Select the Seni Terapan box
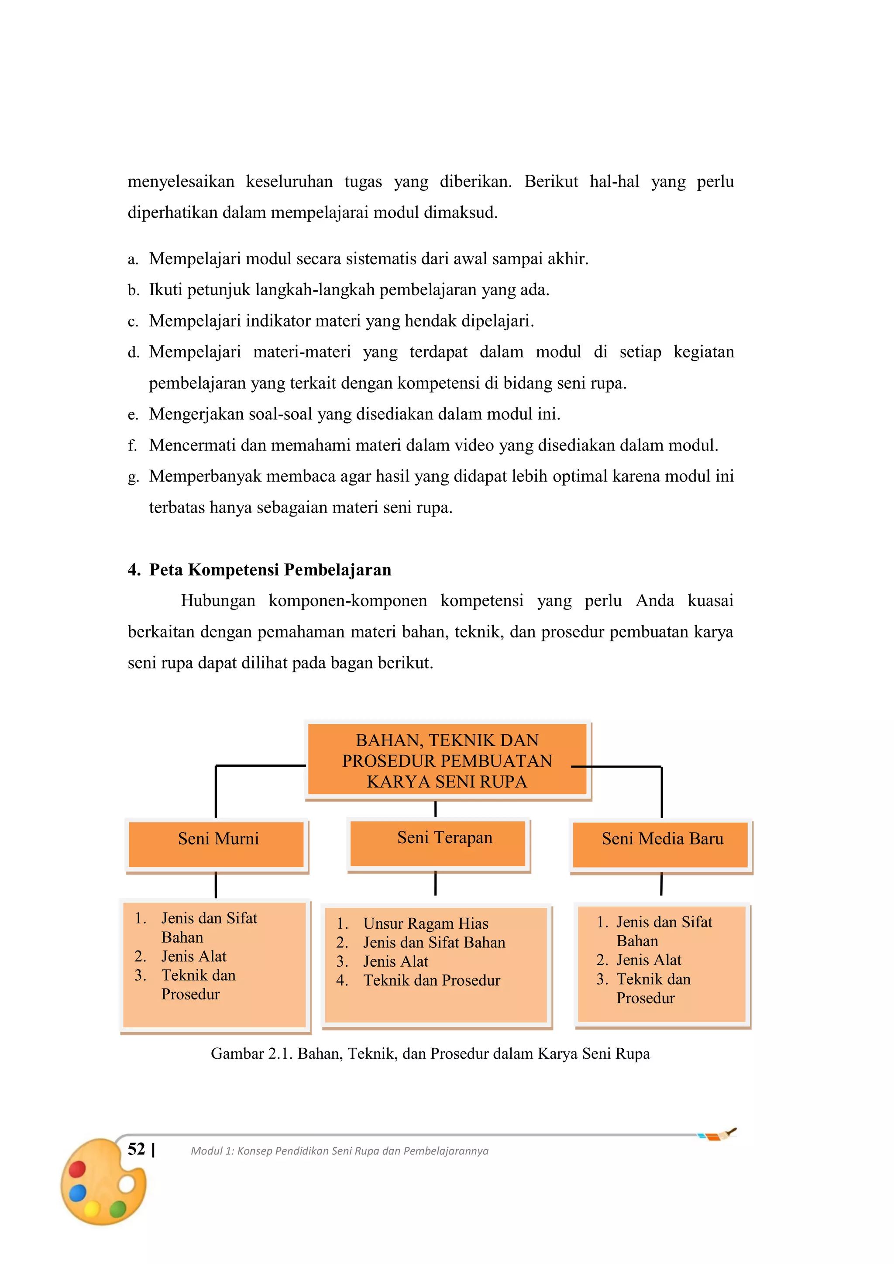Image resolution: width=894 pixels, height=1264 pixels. pyautogui.click(x=438, y=844)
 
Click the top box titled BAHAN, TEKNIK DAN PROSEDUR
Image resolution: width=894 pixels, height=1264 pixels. pyautogui.click(x=447, y=760)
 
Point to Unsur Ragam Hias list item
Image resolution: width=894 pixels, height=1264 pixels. pyautogui.click(x=426, y=923)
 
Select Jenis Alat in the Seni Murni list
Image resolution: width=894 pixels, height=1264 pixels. pyautogui.click(x=193, y=956)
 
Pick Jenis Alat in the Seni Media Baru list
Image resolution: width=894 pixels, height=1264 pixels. pyautogui.click(x=649, y=960)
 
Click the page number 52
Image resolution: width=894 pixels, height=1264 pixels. pyautogui.click(x=137, y=1149)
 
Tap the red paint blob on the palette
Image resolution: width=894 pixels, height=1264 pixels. pyautogui.click(x=77, y=1168)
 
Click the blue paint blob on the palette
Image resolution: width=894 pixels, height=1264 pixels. pyautogui.click(x=78, y=1192)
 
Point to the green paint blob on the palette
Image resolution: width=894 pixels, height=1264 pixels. pyautogui.click(x=117, y=1209)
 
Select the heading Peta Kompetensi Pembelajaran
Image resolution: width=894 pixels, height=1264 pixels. pyautogui.click(x=270, y=569)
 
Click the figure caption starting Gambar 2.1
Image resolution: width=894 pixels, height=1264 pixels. pyautogui.click(x=430, y=1053)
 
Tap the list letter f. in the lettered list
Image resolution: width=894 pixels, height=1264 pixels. pyautogui.click(x=132, y=445)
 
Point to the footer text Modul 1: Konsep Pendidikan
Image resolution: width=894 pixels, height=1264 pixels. pyautogui.click(x=339, y=1150)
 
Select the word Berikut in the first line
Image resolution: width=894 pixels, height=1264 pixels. pyautogui.click(x=550, y=181)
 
